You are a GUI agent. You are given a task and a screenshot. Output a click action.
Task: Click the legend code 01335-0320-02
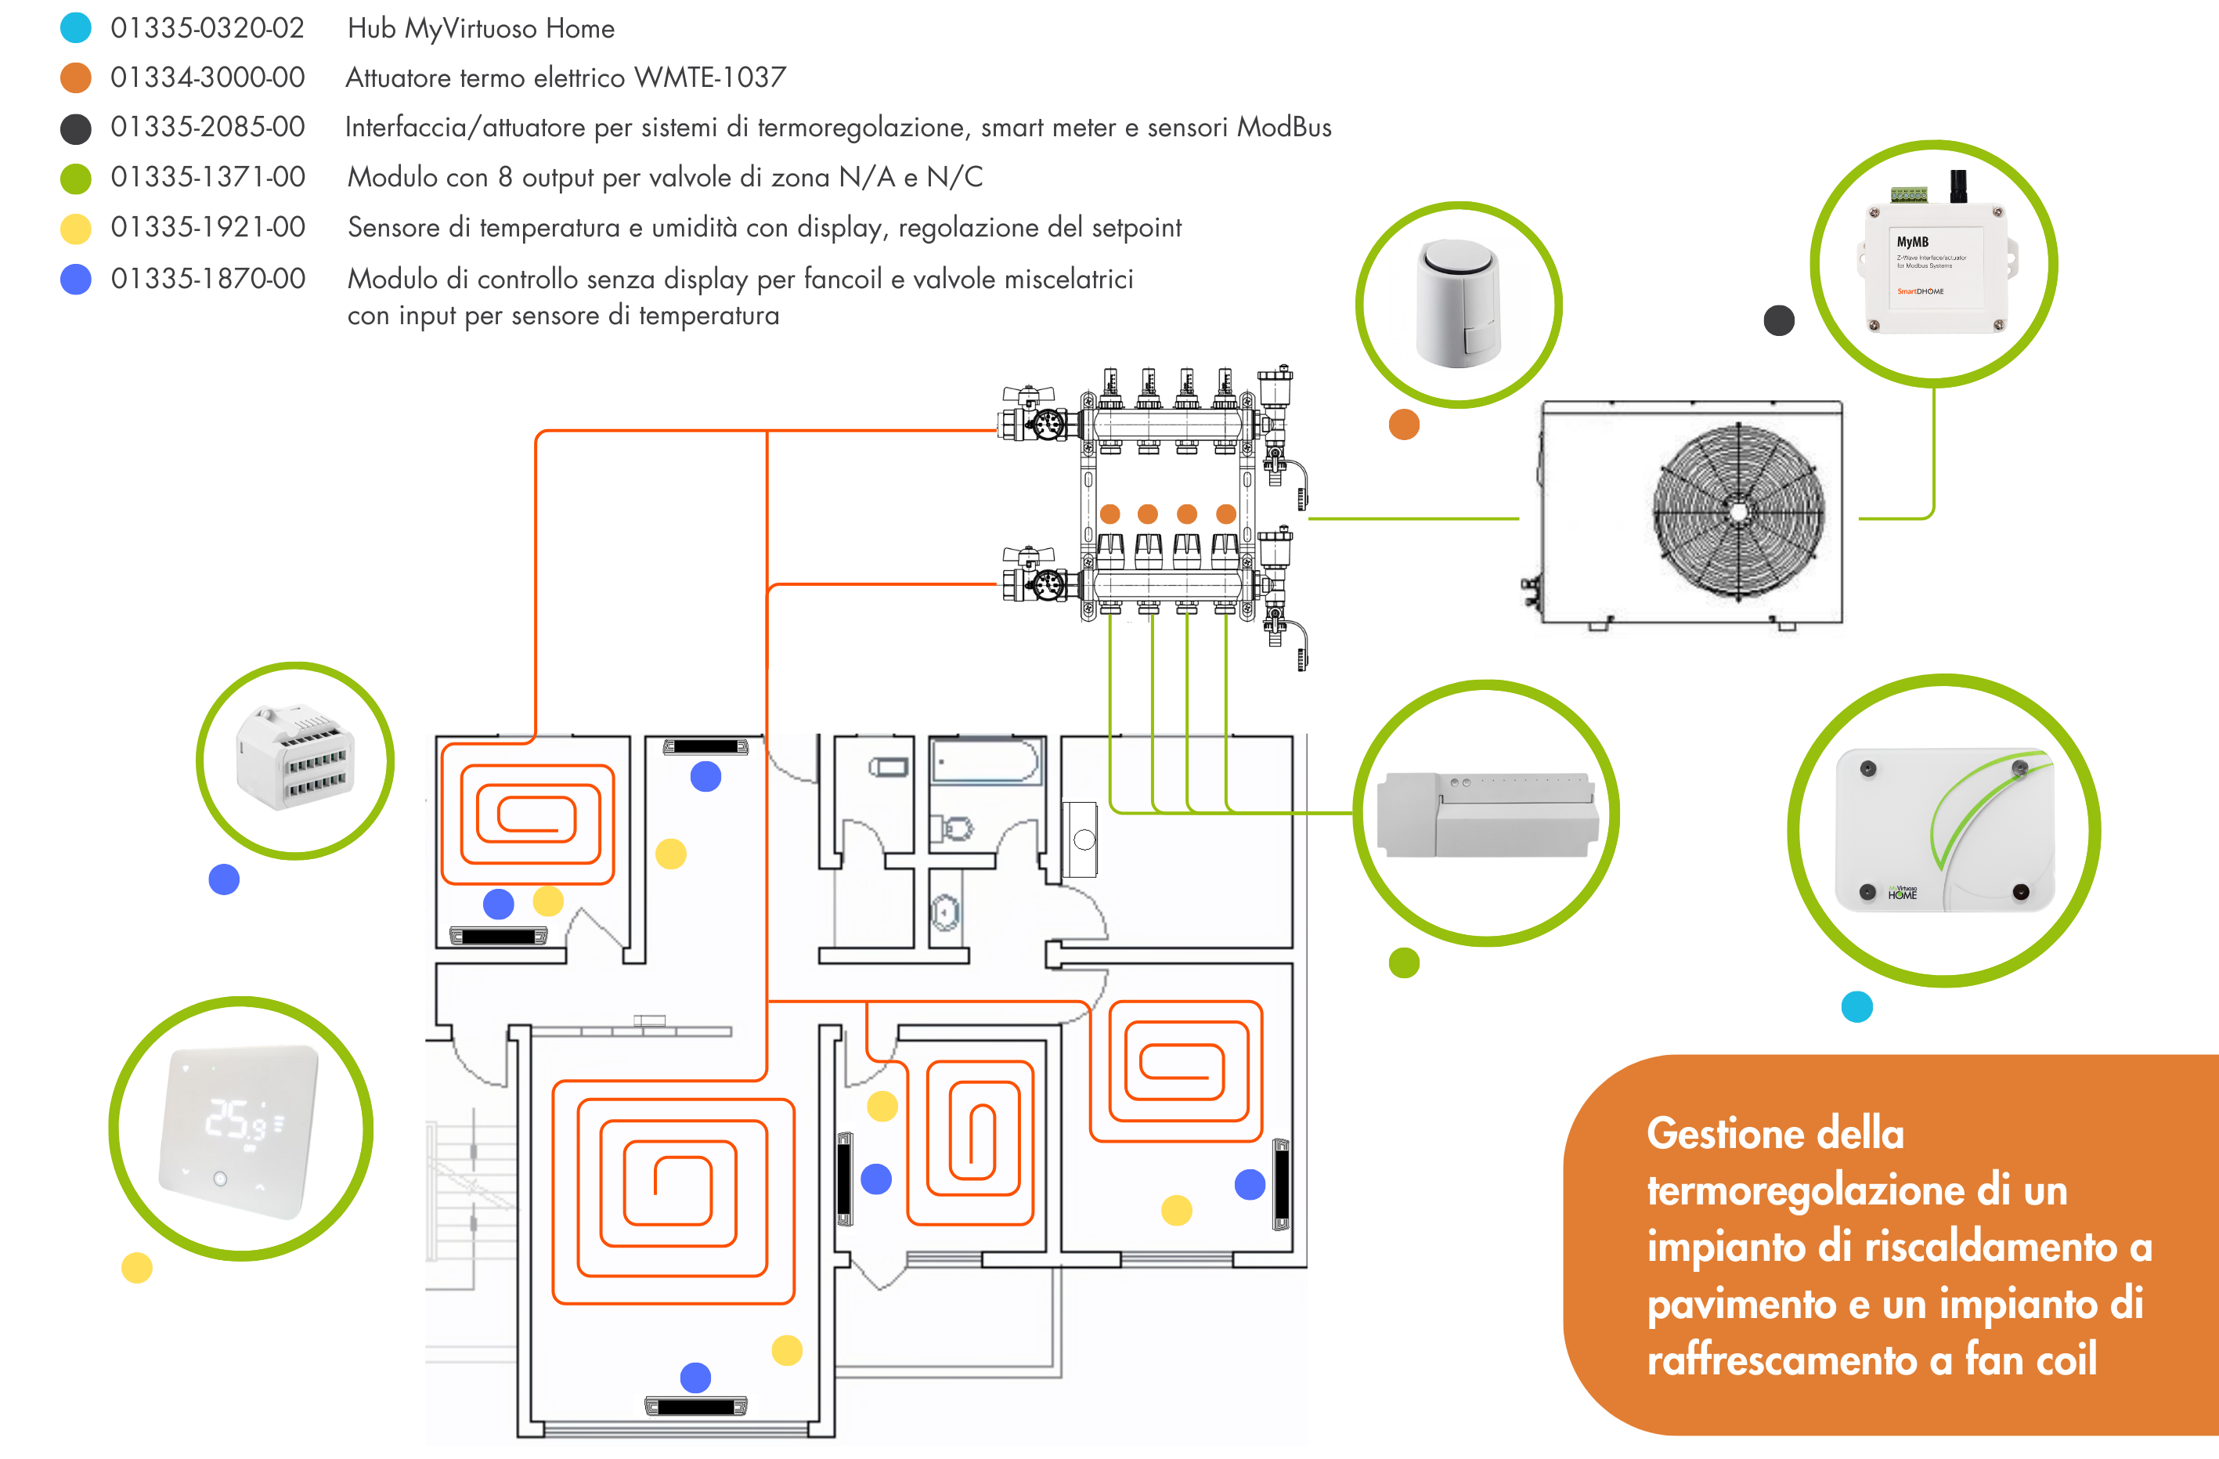207,28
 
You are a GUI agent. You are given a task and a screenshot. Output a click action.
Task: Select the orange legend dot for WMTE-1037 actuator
75,78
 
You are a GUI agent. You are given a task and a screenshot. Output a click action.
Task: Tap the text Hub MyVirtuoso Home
480,28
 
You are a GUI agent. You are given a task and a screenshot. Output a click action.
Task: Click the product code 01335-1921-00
207,226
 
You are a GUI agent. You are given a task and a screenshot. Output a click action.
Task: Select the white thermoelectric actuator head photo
1457,303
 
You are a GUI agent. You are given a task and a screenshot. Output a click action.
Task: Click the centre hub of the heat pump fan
1738,510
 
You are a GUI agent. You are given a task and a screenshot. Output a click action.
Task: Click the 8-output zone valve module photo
1487,814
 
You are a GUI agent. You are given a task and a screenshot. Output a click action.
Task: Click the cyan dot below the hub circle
1856,1007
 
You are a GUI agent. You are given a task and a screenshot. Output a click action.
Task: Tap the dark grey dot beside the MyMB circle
1779,321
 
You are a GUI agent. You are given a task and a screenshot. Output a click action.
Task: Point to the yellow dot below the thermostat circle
137,1268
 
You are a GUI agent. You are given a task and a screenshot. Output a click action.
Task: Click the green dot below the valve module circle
1404,962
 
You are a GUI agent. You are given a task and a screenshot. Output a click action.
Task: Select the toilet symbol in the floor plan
952,828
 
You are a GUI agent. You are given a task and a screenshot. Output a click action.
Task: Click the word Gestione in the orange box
1725,1134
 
